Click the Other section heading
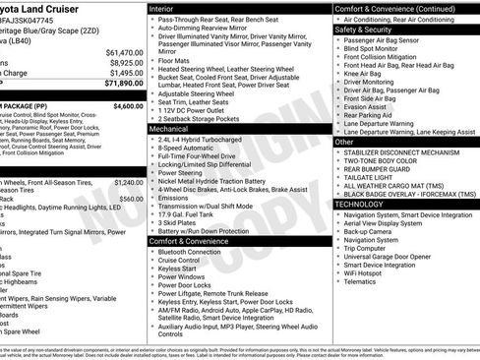pyautogui.click(x=344, y=141)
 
